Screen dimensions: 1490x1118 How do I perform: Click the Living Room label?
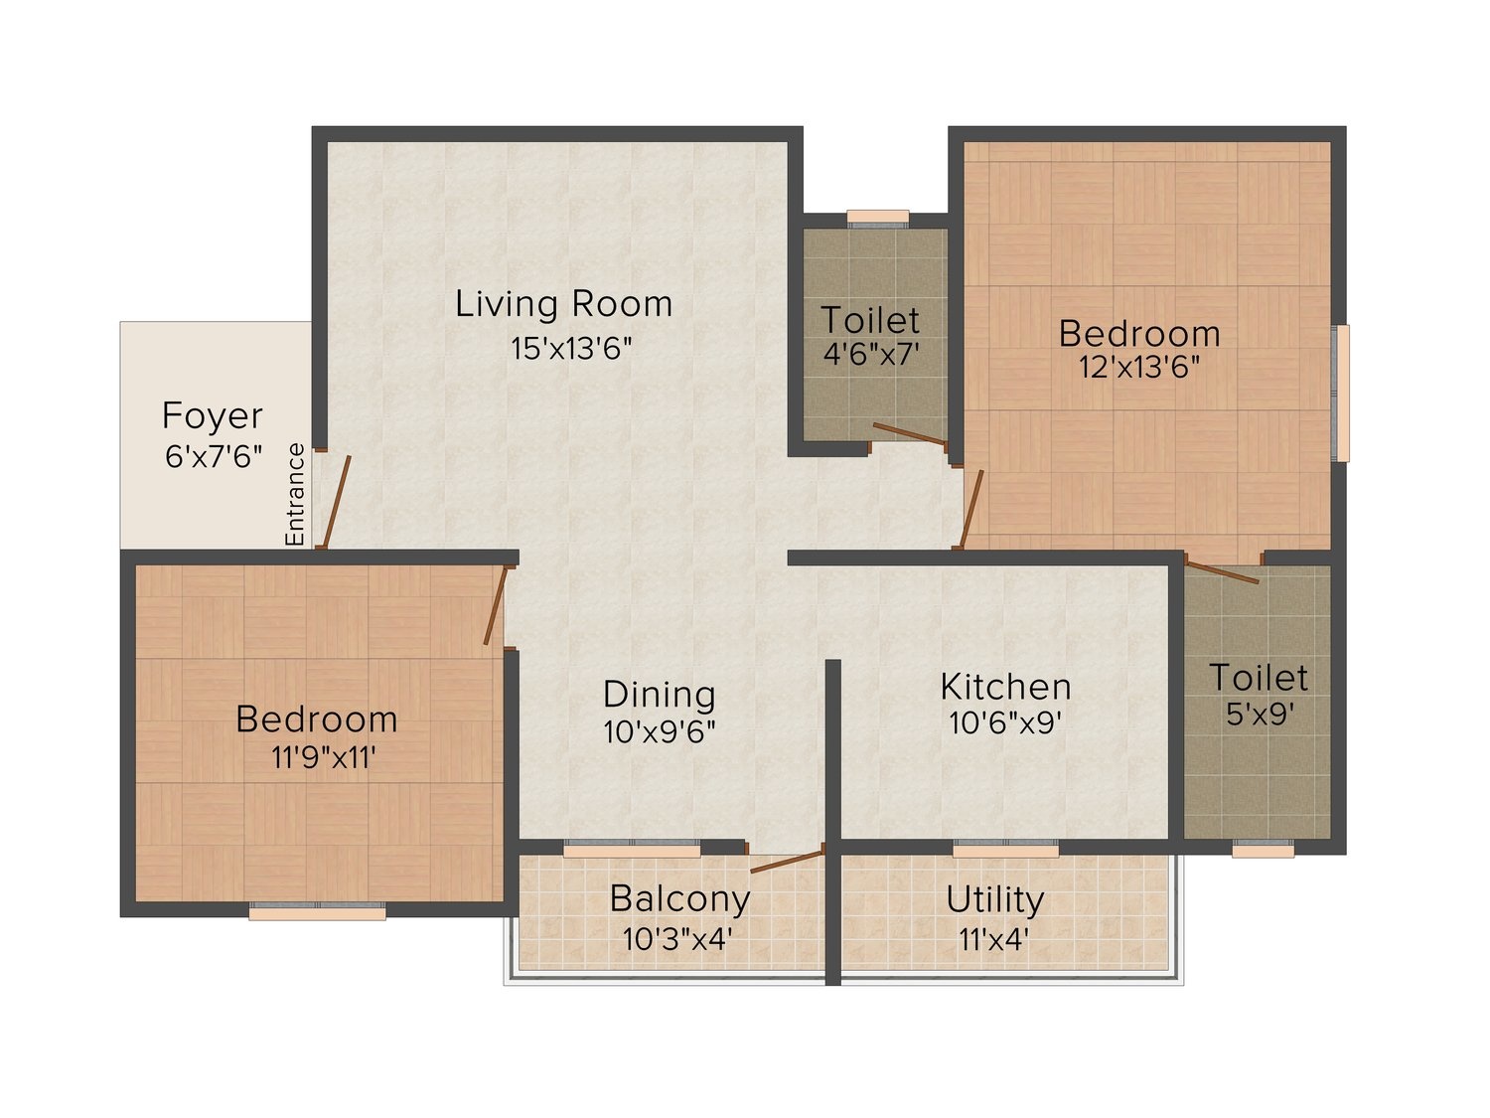pos(563,304)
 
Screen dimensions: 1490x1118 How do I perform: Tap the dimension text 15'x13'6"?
pos(571,349)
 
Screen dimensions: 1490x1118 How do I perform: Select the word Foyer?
pos(213,416)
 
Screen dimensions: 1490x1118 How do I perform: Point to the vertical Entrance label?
pos(295,494)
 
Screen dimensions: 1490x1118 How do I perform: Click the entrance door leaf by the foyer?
pos(337,502)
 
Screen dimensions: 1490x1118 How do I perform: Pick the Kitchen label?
pos(1006,687)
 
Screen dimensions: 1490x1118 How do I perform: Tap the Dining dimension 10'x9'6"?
pos(660,732)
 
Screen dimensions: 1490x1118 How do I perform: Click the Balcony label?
pos(679,898)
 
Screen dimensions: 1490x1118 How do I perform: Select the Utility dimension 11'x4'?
pos(994,940)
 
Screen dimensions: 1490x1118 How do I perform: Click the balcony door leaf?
pos(787,862)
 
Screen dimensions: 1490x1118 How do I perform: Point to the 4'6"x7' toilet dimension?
pos(871,354)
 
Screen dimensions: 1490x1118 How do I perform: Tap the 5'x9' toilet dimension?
pos(1260,714)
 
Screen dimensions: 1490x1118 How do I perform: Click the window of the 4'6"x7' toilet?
pos(878,218)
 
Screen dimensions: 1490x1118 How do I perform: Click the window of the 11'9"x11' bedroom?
pos(317,911)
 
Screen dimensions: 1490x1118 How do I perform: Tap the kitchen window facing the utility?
pos(1006,849)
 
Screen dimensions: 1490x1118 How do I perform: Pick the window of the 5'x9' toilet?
pos(1263,849)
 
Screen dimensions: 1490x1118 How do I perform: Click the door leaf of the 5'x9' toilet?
pos(1222,570)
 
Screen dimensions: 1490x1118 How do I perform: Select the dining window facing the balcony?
pos(632,849)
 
